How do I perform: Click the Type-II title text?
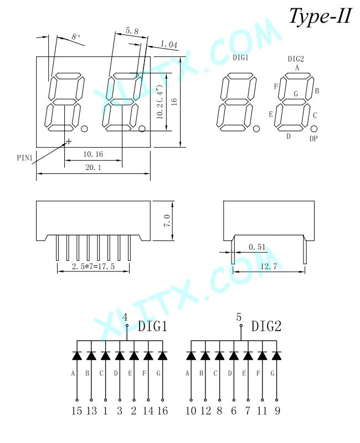(x=321, y=17)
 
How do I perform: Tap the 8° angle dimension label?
(x=76, y=37)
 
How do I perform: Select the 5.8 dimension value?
(x=132, y=30)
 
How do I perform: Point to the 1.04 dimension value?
(x=169, y=44)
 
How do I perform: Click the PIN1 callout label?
(x=24, y=158)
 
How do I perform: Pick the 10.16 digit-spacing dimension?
(x=93, y=154)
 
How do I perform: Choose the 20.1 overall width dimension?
(x=93, y=168)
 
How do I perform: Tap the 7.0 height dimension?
(x=167, y=220)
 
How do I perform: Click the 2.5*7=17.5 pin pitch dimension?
(x=93, y=266)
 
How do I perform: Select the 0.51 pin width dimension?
(x=257, y=247)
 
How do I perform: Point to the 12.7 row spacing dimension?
(x=269, y=266)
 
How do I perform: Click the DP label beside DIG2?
(x=313, y=138)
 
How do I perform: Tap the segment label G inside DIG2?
(x=296, y=94)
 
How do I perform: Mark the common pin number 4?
(x=125, y=317)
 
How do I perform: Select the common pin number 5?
(x=239, y=317)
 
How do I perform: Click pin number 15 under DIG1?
(x=76, y=410)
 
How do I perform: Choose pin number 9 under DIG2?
(x=277, y=410)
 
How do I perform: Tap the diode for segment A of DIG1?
(x=77, y=356)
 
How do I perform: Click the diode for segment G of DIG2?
(x=276, y=356)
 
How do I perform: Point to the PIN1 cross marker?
(x=68, y=141)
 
